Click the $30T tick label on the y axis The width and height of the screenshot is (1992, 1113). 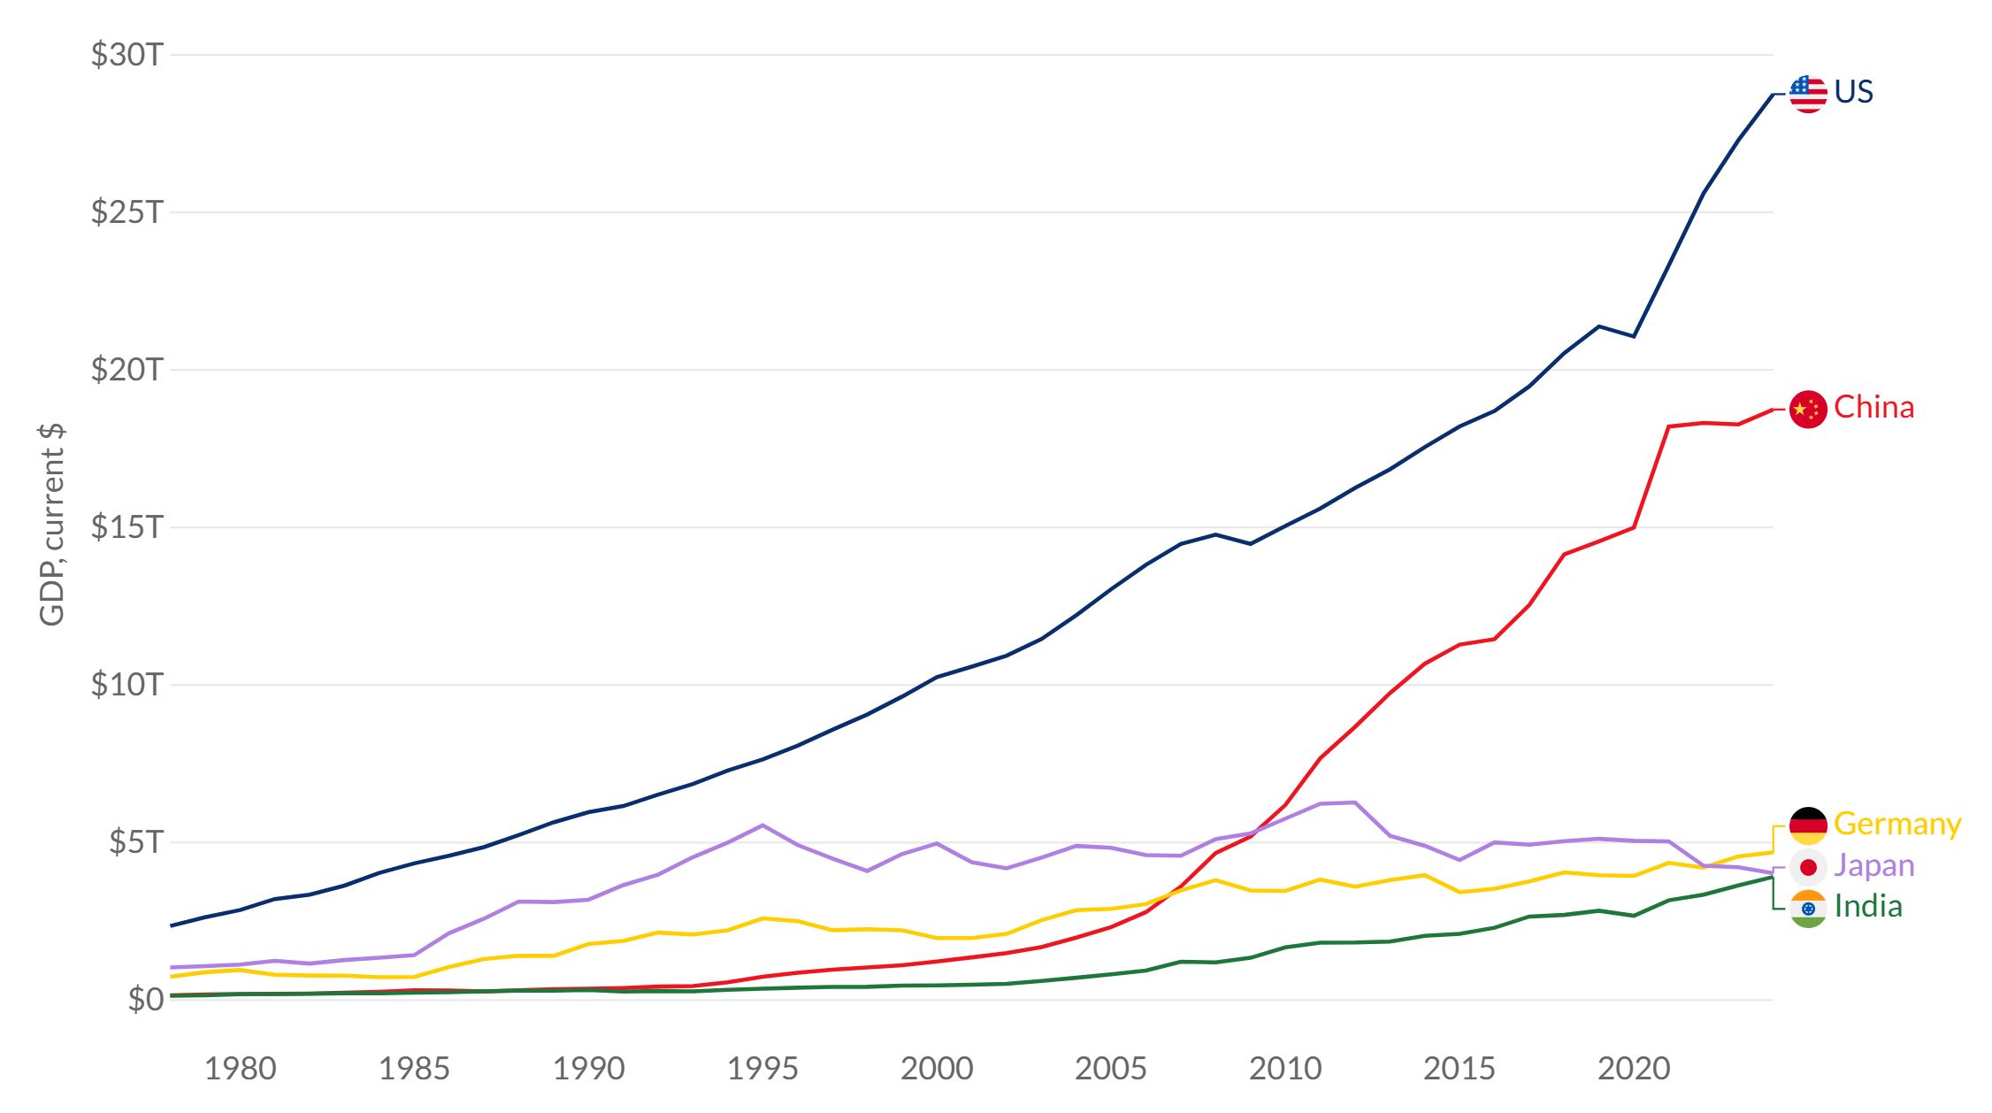coord(127,55)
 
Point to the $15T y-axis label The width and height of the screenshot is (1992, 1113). coord(127,527)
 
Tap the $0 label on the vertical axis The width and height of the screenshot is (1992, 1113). coord(146,1000)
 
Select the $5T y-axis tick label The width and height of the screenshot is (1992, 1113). coord(136,842)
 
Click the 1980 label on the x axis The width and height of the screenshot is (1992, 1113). coord(240,1069)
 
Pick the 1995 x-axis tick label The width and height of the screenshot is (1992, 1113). coord(762,1069)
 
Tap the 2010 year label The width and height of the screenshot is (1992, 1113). coord(1285,1069)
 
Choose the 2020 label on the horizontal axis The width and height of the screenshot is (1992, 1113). coord(1634,1069)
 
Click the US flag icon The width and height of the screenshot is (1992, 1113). coord(1808,94)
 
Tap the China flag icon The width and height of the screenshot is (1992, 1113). coord(1808,409)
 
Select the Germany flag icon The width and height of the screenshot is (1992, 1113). coord(1808,825)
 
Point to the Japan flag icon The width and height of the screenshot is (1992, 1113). coord(1808,867)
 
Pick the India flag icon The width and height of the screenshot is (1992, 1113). coord(1808,909)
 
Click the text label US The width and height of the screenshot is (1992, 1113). coord(1853,92)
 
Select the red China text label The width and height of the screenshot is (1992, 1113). coord(1873,407)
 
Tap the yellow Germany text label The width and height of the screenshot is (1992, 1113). coord(1897,824)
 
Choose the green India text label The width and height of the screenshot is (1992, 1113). coord(1868,906)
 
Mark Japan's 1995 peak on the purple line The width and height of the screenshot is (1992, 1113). coord(762,825)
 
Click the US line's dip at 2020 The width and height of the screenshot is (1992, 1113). coord(1634,336)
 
